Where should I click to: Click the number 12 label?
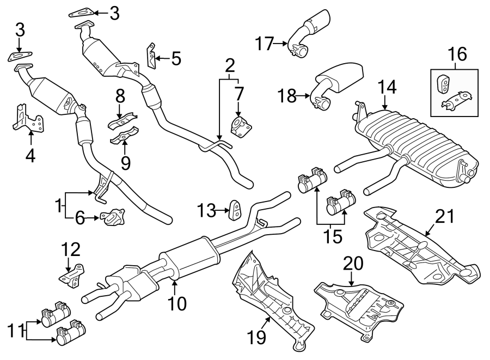(x=70, y=249)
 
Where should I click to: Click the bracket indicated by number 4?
(x=24, y=118)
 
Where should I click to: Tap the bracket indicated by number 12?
(x=72, y=275)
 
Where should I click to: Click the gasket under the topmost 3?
(x=82, y=12)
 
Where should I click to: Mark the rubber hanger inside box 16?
(x=444, y=84)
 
